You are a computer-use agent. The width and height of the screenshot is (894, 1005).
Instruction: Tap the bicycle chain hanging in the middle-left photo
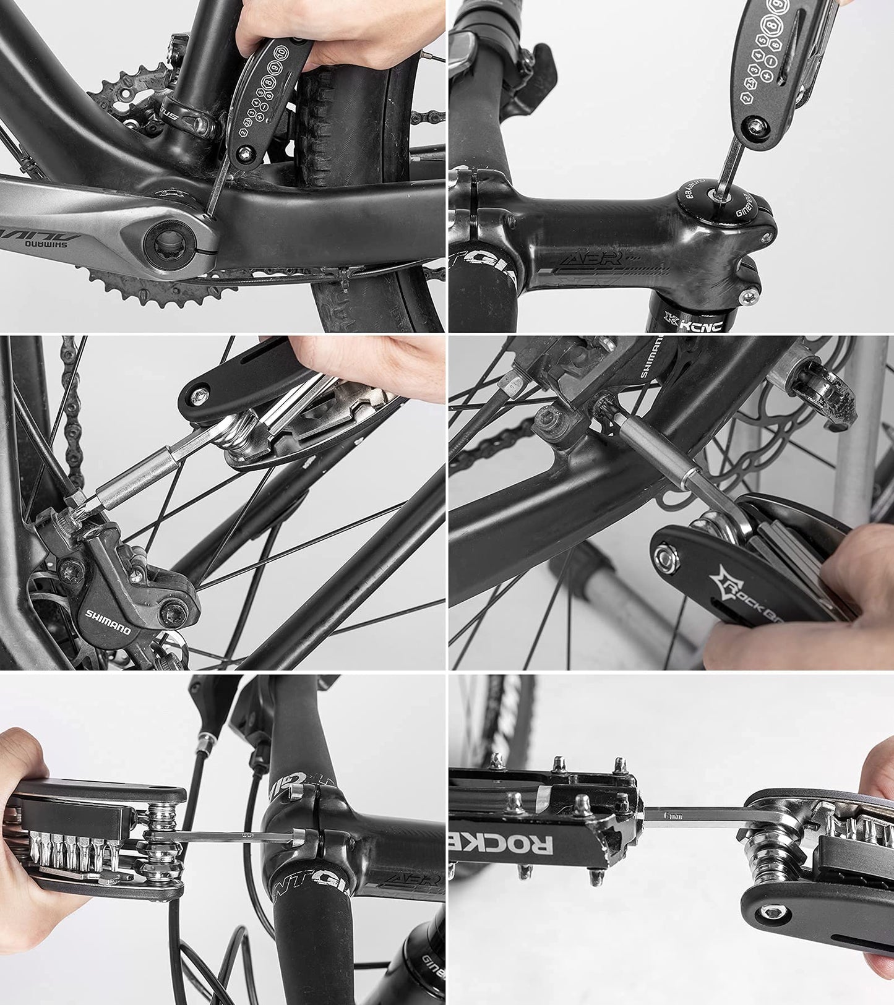tap(74, 408)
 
